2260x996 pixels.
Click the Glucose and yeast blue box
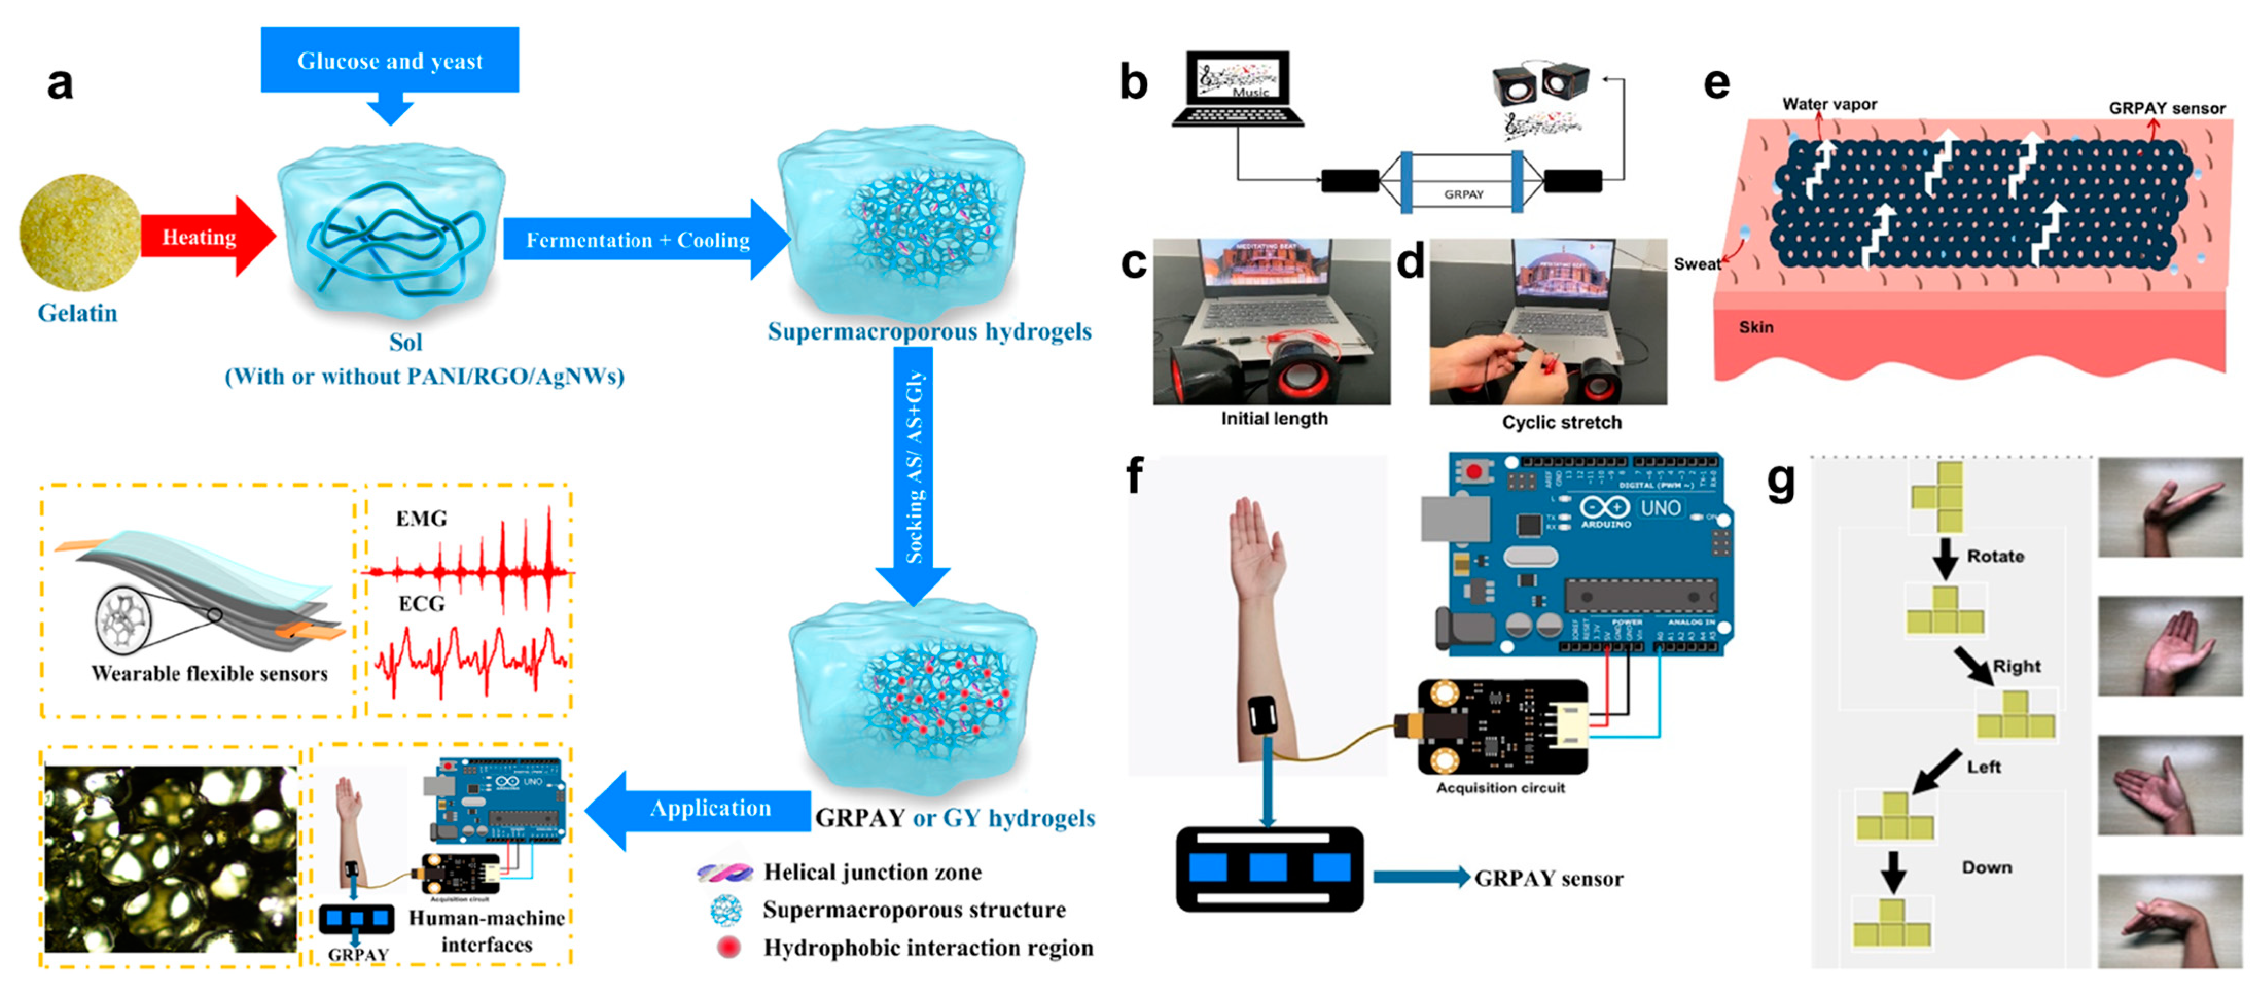tap(389, 60)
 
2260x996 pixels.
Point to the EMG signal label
tap(421, 519)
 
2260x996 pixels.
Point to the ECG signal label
tap(421, 604)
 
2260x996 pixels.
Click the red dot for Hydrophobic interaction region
tap(728, 947)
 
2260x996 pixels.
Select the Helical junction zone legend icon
tap(725, 872)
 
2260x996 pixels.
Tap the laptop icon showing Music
tap(1238, 88)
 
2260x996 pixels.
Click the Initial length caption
tap(1274, 419)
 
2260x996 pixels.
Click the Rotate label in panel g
tap(1995, 556)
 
